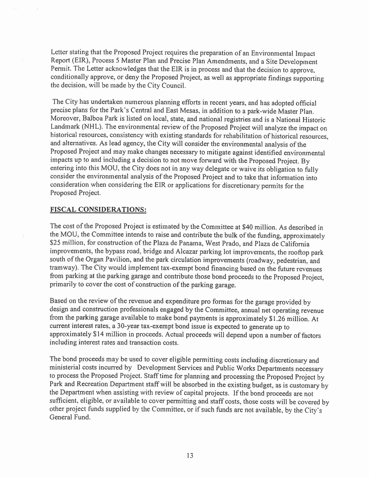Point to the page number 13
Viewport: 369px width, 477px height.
tap(190, 455)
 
